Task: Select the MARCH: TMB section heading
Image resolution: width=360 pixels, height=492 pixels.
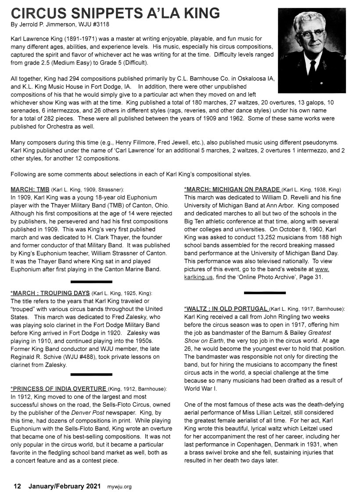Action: click(30, 189)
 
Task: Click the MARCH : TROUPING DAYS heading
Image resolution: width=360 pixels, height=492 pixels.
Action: click(50, 293)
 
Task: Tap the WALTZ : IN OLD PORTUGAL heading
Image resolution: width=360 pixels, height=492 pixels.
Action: click(226, 309)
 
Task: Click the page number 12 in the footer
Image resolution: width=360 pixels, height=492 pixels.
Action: click(18, 486)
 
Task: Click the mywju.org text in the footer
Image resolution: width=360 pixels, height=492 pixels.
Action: click(119, 487)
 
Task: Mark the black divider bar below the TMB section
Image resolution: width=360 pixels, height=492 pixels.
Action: click(91, 281)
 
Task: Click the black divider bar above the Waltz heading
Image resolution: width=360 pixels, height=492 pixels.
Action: click(265, 293)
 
